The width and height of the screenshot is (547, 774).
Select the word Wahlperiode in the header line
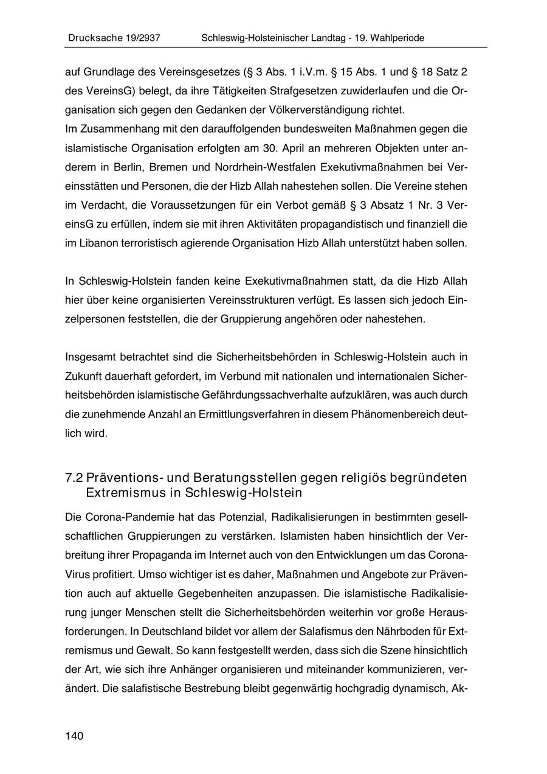point(398,38)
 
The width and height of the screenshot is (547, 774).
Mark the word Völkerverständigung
point(332,110)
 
